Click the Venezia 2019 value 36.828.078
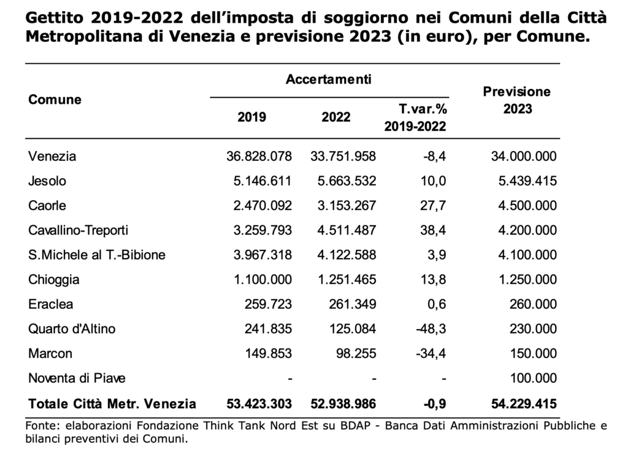point(259,156)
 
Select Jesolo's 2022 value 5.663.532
point(347,181)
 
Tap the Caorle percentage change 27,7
point(433,206)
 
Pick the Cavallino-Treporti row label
point(78,230)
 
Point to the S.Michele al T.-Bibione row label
point(96,255)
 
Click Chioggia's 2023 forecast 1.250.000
point(527,279)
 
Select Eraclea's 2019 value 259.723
point(269,304)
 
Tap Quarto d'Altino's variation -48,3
point(431,329)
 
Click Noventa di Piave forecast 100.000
point(533,378)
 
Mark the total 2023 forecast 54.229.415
point(524,404)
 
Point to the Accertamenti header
point(329,79)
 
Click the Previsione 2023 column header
point(517,100)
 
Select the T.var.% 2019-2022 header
point(415,117)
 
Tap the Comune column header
point(55,99)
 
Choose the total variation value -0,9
point(435,404)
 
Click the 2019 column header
point(251,117)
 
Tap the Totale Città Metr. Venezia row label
point(112,404)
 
